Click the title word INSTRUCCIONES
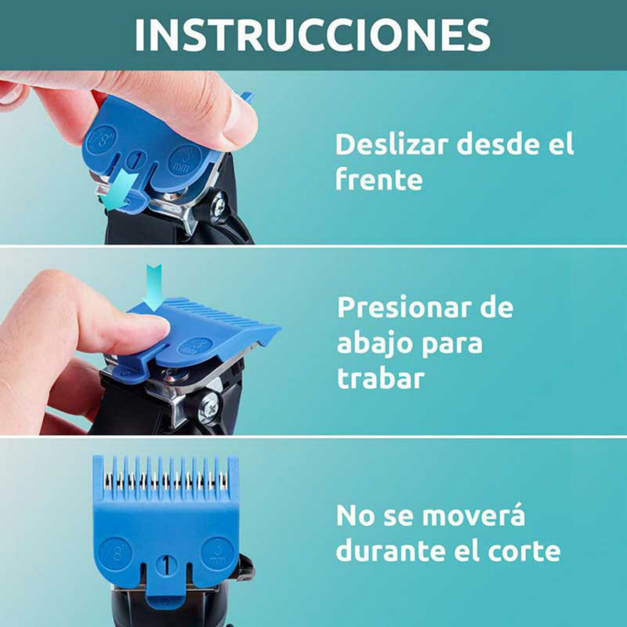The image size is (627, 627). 312,34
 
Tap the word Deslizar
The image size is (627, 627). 391,144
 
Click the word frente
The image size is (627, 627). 379,179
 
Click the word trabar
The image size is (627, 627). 380,378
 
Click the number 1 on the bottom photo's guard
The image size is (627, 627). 166,566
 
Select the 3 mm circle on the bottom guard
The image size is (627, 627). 217,553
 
